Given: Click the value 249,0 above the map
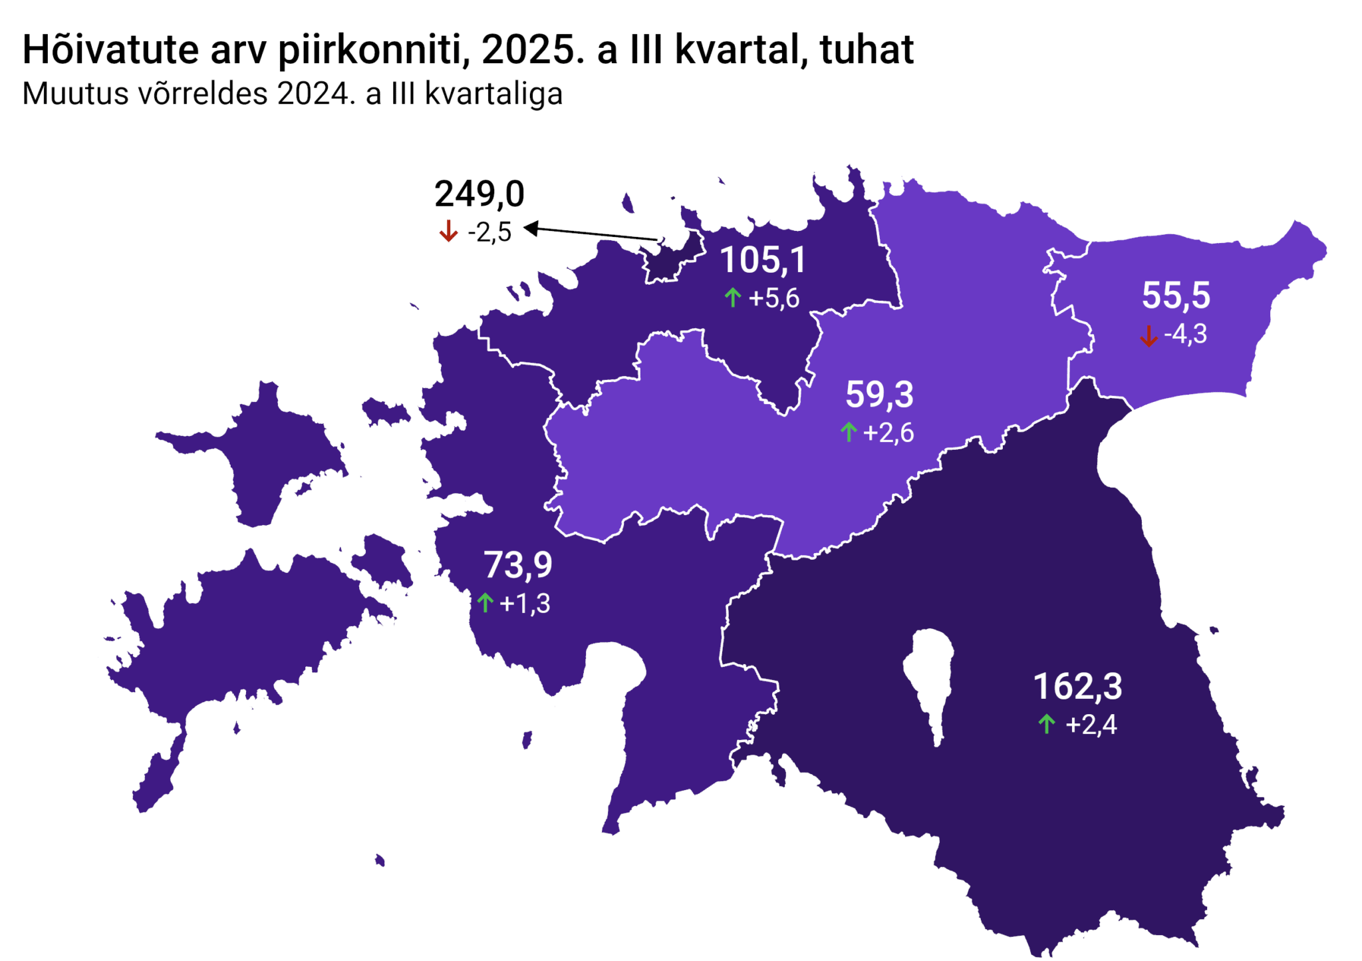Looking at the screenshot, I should tap(479, 194).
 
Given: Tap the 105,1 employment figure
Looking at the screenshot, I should tap(763, 260).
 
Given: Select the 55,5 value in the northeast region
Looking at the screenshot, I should tap(1176, 295).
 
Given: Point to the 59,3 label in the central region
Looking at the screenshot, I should tap(879, 395).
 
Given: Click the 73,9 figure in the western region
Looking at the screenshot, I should tap(517, 565).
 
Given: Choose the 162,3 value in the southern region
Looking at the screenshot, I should tap(1077, 686).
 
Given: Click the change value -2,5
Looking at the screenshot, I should tap(489, 232).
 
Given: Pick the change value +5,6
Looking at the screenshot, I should tap(773, 299).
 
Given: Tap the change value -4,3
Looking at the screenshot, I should tap(1185, 334).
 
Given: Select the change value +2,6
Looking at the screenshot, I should tap(888, 433).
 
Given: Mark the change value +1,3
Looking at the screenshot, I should tap(525, 604).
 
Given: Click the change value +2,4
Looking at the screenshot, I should tap(1091, 725).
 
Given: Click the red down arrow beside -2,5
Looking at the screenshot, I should tap(448, 232).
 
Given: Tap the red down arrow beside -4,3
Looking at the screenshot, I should tap(1149, 335).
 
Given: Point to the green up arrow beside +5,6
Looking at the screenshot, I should tap(732, 297).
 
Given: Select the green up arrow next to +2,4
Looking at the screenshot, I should tap(1047, 723).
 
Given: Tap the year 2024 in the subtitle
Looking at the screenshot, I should tap(313, 94).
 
